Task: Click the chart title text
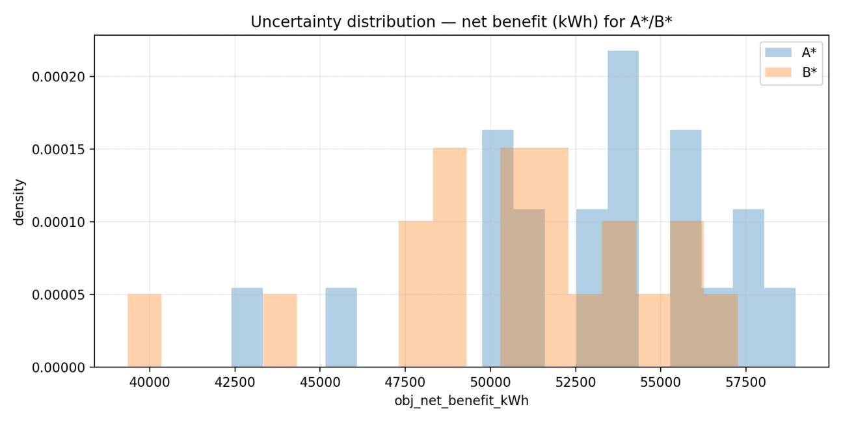pyautogui.click(x=461, y=22)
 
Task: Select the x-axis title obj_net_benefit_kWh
pyautogui.click(x=461, y=401)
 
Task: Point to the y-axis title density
pyautogui.click(x=19, y=202)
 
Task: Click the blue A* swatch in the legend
pyautogui.click(x=778, y=52)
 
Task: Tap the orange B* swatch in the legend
pyautogui.click(x=778, y=72)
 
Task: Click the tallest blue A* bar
pyautogui.click(x=623, y=209)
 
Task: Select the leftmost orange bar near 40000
pyautogui.click(x=144, y=330)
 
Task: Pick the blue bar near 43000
pyautogui.click(x=247, y=328)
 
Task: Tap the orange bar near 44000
pyautogui.click(x=280, y=330)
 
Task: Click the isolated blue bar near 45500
pyautogui.click(x=341, y=328)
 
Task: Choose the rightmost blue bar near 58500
pyautogui.click(x=780, y=328)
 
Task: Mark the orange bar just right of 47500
pyautogui.click(x=416, y=294)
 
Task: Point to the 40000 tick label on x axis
pyautogui.click(x=150, y=382)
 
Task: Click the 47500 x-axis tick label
pyautogui.click(x=405, y=382)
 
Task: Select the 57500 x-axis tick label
pyautogui.click(x=745, y=382)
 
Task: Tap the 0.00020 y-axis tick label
pyautogui.click(x=59, y=77)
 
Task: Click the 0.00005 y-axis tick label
pyautogui.click(x=59, y=295)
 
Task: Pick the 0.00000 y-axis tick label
pyautogui.click(x=59, y=367)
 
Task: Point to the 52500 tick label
pyautogui.click(x=576, y=382)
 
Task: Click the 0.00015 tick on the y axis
pyautogui.click(x=59, y=150)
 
